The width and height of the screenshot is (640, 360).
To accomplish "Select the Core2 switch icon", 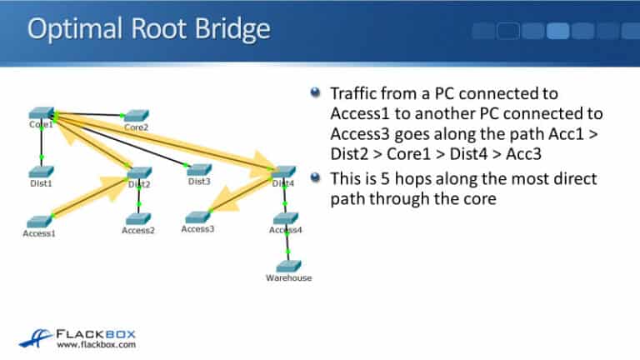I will (136, 115).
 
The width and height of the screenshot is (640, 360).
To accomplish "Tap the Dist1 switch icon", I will (40, 172).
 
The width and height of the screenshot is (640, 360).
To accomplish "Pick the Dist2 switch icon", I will (140, 172).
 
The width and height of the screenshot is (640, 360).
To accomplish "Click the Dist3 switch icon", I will (198, 169).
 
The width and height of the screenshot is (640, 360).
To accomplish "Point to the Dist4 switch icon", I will (283, 172).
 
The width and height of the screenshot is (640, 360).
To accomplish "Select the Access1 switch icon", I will (39, 221).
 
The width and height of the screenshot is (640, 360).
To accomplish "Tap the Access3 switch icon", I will (197, 217).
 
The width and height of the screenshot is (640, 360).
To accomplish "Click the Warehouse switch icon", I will (287, 266).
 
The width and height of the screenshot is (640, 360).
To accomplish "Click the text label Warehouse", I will (288, 278).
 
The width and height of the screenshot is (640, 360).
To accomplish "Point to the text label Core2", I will (136, 127).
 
